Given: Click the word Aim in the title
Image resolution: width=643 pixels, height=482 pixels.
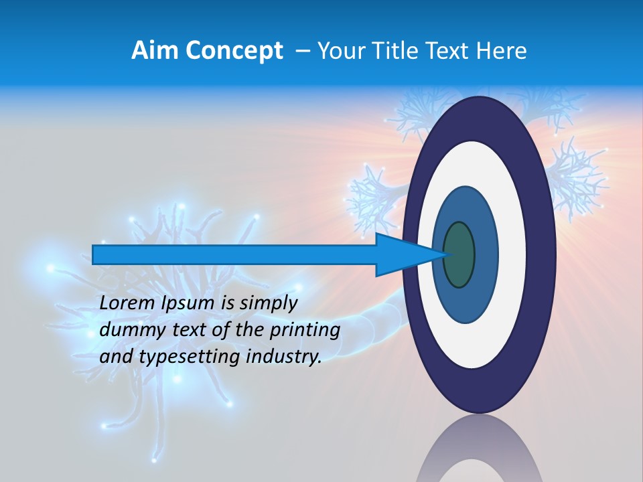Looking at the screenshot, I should tap(155, 51).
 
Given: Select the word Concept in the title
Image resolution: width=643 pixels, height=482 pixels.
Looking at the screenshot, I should tap(234, 51).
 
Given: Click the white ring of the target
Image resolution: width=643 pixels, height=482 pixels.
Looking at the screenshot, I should tap(509, 254).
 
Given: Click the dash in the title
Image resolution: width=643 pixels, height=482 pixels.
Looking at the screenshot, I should tap(302, 51).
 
